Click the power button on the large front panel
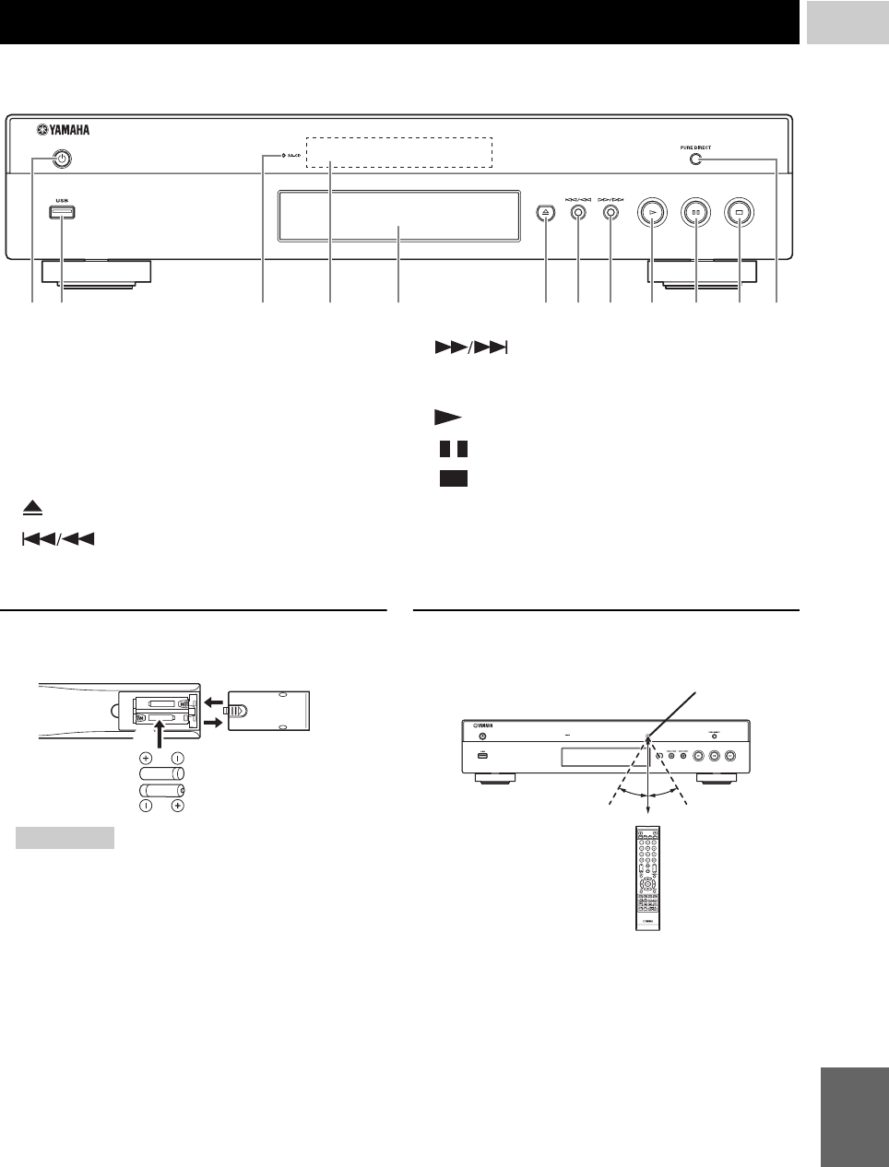[61, 159]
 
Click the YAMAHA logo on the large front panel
[69, 130]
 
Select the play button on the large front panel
[652, 212]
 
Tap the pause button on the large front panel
[695, 212]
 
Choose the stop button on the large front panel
[739, 212]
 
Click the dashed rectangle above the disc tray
[397, 152]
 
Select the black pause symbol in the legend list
[454, 449]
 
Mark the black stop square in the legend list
[454, 478]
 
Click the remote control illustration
[646, 879]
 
